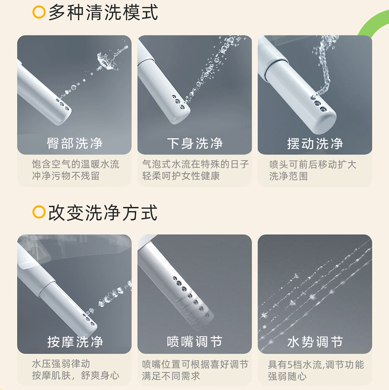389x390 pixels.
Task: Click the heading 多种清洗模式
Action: click(103, 13)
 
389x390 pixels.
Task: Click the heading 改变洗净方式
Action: click(103, 213)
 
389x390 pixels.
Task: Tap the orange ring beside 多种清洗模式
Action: click(39, 12)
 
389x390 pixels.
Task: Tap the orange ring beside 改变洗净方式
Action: click(39, 212)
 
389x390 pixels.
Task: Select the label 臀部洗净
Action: click(75, 143)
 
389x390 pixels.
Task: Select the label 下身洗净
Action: click(195, 143)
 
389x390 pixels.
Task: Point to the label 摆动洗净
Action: click(315, 143)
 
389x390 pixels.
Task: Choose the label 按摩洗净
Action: click(75, 342)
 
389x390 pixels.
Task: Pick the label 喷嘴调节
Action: click(194, 342)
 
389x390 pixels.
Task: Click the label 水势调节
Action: click(315, 342)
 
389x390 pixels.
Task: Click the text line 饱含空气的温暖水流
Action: click(75, 164)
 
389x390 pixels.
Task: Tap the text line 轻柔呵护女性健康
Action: click(181, 176)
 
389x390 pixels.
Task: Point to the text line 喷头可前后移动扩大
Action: click(313, 164)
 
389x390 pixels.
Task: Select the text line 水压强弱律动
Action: click(61, 364)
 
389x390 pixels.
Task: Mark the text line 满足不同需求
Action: click(171, 376)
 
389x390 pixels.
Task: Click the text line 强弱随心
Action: click(287, 376)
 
